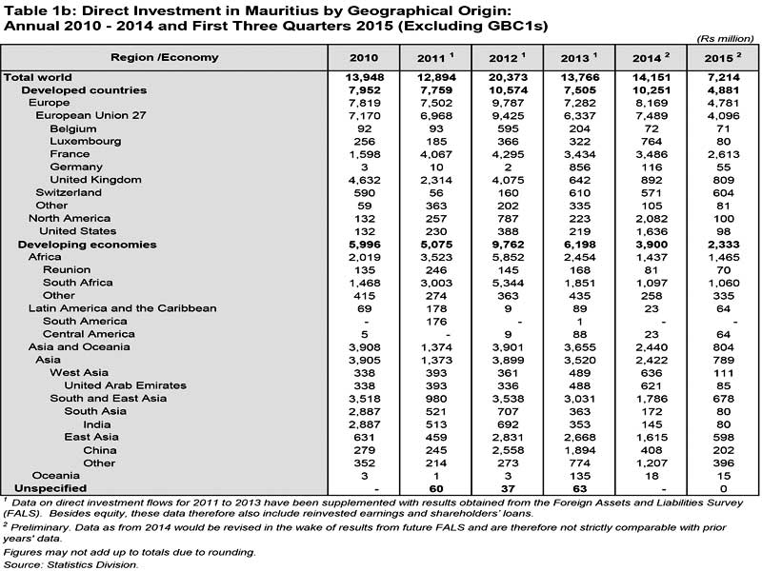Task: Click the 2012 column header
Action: coord(509,57)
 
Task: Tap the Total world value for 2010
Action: coord(363,76)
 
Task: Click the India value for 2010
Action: coord(363,424)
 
